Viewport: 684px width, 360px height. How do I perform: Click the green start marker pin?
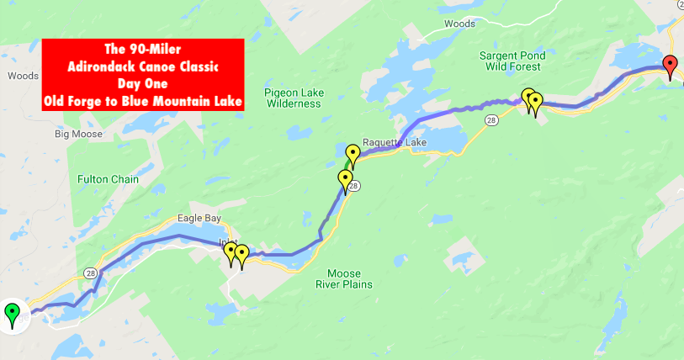pyautogui.click(x=12, y=315)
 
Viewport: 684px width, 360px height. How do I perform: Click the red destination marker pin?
pyautogui.click(x=670, y=65)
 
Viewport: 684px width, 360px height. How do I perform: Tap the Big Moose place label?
pyautogui.click(x=78, y=134)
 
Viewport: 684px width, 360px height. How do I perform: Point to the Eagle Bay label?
pyautogui.click(x=199, y=219)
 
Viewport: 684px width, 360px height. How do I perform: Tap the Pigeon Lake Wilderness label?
pyautogui.click(x=293, y=98)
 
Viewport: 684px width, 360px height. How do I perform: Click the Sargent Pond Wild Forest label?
pyautogui.click(x=512, y=62)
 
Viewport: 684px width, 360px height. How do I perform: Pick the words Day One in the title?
pyautogui.click(x=143, y=85)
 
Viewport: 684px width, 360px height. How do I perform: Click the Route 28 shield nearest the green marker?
pyautogui.click(x=90, y=273)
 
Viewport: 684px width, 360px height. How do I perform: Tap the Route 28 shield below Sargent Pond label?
pyautogui.click(x=490, y=121)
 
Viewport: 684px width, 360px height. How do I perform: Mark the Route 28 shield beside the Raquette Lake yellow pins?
pyautogui.click(x=354, y=186)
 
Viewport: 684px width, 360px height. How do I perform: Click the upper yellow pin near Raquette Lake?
pyautogui.click(x=353, y=155)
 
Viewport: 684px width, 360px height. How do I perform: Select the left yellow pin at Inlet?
pyautogui.click(x=231, y=252)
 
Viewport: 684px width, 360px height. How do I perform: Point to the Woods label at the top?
pyautogui.click(x=459, y=24)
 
